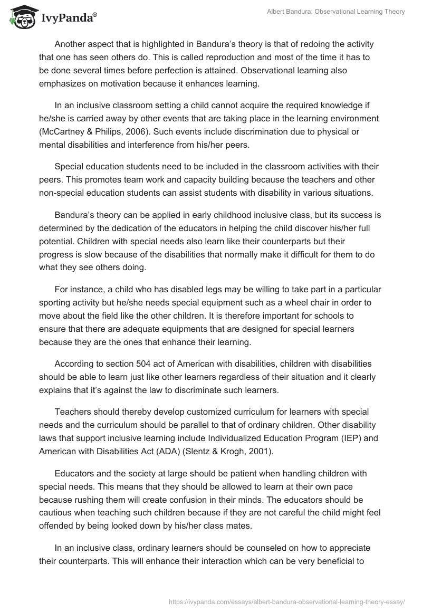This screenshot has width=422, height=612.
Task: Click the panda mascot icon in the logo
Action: tap(20, 17)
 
